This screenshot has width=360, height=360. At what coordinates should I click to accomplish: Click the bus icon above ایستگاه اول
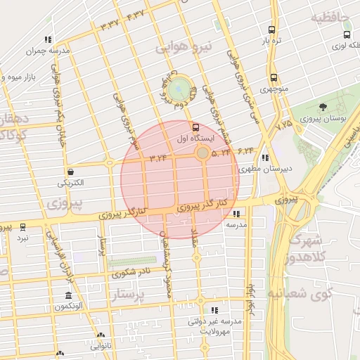coord(195,127)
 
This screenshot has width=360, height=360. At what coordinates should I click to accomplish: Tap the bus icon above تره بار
coord(271,30)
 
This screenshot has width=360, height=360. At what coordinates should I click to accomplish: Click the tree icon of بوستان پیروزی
coord(323,107)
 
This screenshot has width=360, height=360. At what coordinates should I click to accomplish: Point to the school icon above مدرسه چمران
coord(47,40)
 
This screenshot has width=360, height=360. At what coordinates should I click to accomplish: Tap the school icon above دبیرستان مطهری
coord(264,157)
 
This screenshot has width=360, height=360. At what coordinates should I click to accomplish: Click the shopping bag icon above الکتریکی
coord(70,172)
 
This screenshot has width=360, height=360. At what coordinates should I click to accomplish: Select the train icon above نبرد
coord(23,227)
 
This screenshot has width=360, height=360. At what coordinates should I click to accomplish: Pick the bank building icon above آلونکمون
coord(68,295)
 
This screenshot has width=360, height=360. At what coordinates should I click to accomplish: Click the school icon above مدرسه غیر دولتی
coord(214,309)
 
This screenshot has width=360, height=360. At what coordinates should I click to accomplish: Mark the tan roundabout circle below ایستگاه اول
coord(202,153)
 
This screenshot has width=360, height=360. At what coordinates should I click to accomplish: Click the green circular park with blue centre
coord(180,89)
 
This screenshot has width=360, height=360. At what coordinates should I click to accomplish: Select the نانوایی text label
coord(100,346)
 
